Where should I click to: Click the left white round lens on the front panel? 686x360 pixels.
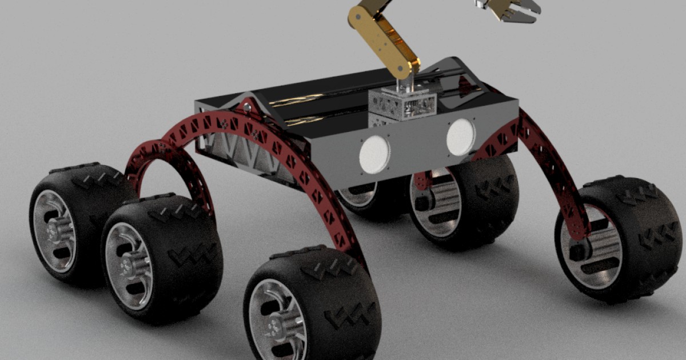point(374,154)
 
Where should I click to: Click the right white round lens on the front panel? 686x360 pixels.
point(460,137)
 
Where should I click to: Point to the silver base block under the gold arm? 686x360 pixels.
point(402,103)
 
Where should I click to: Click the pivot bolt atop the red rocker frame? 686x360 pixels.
point(247,107)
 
